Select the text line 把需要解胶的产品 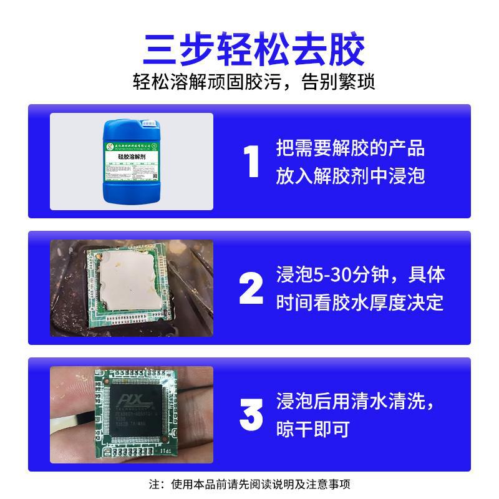tap(350, 149)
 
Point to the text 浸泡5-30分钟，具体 tap(361, 275)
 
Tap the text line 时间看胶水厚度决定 tap(360, 303)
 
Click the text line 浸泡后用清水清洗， tap(361, 401)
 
